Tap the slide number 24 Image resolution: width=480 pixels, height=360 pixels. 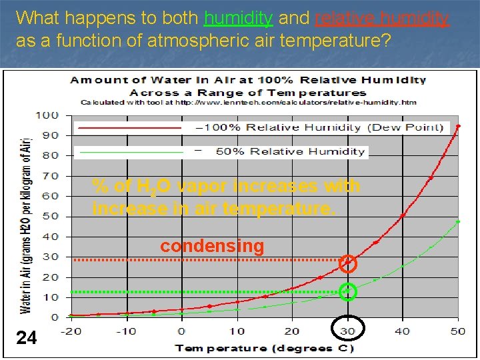pyautogui.click(x=27, y=338)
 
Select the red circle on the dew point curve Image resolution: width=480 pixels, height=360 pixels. pyautogui.click(x=347, y=263)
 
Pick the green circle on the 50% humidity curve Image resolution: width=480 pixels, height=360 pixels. pyautogui.click(x=347, y=291)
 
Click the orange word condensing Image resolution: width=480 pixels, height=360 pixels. pyautogui.click(x=212, y=246)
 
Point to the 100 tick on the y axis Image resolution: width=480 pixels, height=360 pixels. pyautogui.click(x=47, y=115)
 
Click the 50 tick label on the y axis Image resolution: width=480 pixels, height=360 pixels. pyautogui.click(x=50, y=216)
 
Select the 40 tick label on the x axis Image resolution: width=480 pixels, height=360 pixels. pyautogui.click(x=403, y=331)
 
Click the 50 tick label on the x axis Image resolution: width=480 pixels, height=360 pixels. pyautogui.click(x=458, y=331)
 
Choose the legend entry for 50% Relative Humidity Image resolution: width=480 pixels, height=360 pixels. pyautogui.click(x=290, y=151)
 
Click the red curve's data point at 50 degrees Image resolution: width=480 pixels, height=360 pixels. pyautogui.click(x=458, y=126)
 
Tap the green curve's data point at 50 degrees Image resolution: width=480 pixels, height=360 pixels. pyautogui.click(x=458, y=221)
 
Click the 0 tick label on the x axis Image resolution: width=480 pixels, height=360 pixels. pyautogui.click(x=181, y=331)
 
